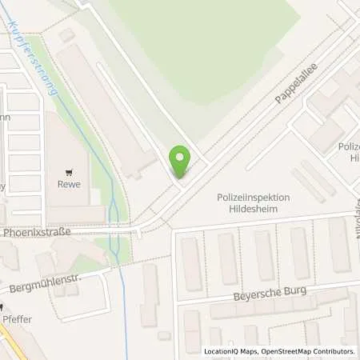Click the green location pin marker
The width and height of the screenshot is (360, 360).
click(180, 162)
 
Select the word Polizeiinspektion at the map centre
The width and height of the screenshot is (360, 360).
click(253, 197)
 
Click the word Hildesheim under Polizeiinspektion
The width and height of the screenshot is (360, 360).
click(253, 209)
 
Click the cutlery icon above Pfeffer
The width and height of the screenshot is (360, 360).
click(2, 306)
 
